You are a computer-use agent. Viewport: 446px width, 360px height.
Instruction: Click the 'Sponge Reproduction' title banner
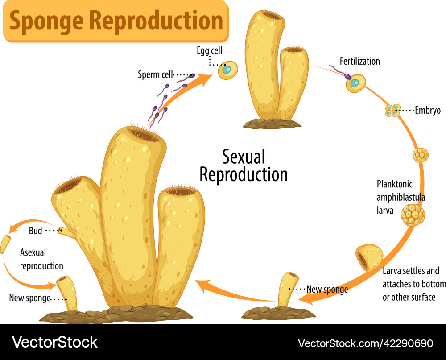coord(116,21)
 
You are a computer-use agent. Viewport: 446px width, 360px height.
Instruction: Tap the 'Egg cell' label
coord(209,51)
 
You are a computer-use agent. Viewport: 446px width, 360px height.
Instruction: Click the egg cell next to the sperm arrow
coord(227,70)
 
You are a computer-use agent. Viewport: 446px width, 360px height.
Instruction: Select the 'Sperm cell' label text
coord(155,74)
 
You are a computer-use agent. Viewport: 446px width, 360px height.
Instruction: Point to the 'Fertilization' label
coord(359,61)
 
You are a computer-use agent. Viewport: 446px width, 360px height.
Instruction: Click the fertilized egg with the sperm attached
coord(355,83)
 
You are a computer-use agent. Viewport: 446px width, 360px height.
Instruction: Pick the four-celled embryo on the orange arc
coord(392,110)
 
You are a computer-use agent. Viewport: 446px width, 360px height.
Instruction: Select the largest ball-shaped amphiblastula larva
coord(413,215)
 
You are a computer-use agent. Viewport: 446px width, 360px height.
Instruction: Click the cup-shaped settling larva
coord(369,258)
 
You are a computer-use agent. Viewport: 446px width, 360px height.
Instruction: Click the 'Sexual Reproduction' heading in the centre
coord(244,166)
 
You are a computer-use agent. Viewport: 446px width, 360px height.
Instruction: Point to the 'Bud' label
coord(35,231)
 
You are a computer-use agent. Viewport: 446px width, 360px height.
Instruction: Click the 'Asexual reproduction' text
coord(41,259)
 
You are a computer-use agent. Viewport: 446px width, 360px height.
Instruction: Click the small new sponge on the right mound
coord(288,289)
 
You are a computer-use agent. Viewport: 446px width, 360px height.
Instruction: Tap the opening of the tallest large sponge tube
coord(143,134)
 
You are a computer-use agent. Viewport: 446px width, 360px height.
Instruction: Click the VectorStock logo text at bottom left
coord(55,342)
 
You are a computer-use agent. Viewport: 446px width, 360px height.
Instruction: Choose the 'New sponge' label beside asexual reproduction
coord(29,298)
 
